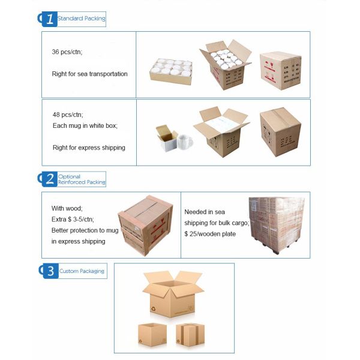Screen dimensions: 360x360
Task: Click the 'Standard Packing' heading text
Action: coord(81,19)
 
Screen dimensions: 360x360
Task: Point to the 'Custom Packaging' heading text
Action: coord(82,271)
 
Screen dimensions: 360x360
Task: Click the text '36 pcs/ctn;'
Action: coord(67,52)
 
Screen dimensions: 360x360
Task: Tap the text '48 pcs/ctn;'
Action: coord(68,115)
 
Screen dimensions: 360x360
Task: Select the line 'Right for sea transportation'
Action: coord(89,74)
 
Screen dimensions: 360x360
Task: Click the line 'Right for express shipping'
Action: coord(89,148)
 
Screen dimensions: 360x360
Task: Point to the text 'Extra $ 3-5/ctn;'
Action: coord(73,219)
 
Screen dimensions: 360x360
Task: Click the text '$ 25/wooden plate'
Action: coord(210,234)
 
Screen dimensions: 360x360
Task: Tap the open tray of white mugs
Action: coord(171,71)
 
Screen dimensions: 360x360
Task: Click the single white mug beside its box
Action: coord(185,142)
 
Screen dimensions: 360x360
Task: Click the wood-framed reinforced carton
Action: coord(145,226)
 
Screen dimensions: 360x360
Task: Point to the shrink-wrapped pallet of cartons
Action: coord(277,224)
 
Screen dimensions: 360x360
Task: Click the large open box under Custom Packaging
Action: coord(173,294)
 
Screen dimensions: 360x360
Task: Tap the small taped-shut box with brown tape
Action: coord(190,335)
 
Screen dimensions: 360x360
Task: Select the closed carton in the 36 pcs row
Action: coord(281,71)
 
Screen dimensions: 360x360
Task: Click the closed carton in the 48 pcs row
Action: coord(280,132)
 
